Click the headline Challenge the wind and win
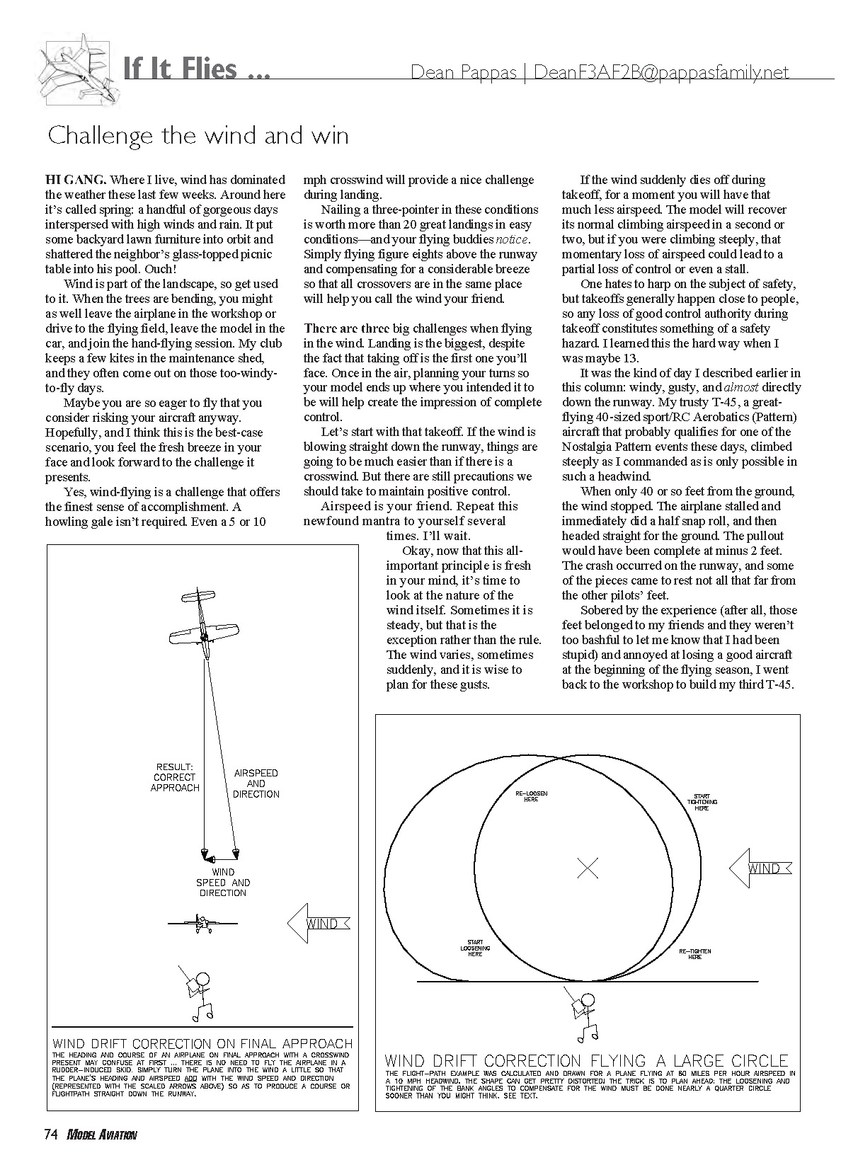[x=198, y=135]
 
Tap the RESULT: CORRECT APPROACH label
[x=175, y=777]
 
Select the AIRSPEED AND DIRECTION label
[x=256, y=784]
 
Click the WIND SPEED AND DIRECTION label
[x=222, y=883]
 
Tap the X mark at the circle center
[x=588, y=868]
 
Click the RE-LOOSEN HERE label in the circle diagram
[x=531, y=796]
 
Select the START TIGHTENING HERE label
[x=702, y=801]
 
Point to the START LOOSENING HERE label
[x=475, y=948]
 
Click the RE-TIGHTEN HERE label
[x=695, y=953]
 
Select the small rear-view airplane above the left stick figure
[x=202, y=922]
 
